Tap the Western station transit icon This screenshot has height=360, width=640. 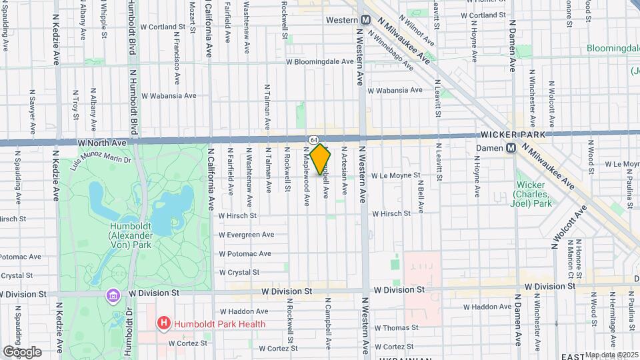[x=366, y=20]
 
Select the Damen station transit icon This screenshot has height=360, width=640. [x=511, y=148]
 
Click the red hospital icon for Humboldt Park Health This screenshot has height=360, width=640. [x=163, y=324]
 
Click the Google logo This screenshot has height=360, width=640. [x=22, y=351]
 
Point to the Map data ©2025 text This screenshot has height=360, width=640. [x=610, y=355]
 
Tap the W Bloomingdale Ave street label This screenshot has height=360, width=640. [x=319, y=61]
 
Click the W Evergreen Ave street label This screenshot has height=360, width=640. [x=246, y=235]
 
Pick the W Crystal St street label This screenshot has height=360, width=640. [x=239, y=272]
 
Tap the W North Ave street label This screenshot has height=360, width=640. [x=102, y=143]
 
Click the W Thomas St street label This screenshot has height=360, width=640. [x=396, y=328]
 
